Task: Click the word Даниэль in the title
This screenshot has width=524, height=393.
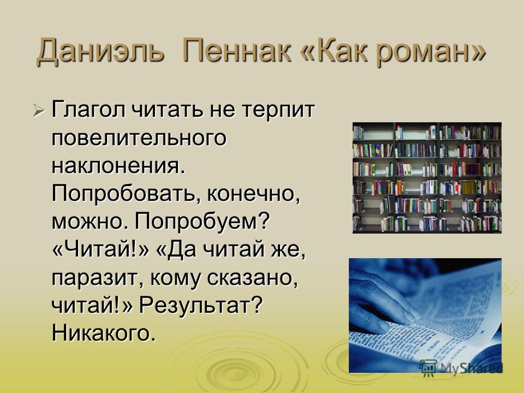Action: [100, 51]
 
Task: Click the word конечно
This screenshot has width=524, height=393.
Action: [253, 194]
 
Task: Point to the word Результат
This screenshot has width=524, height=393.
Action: [200, 306]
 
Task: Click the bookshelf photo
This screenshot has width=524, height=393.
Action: [427, 178]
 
